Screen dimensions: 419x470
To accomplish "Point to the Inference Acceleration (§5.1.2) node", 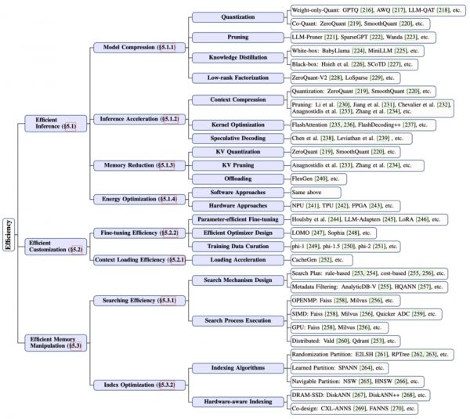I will click(139, 118).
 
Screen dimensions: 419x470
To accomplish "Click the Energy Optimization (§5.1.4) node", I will click(136, 199).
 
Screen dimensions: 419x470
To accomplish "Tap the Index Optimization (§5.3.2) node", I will click(136, 385).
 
